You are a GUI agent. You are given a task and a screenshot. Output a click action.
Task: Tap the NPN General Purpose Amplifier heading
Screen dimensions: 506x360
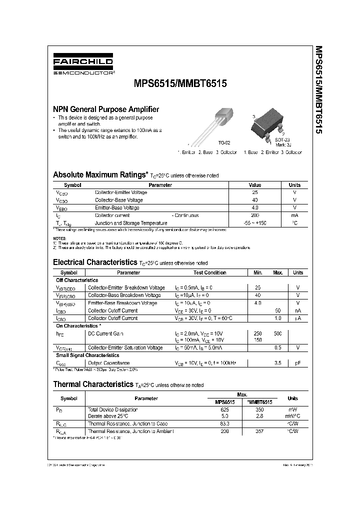tap(106, 109)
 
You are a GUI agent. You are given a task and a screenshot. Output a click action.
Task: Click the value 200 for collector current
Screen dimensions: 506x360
tap(254, 215)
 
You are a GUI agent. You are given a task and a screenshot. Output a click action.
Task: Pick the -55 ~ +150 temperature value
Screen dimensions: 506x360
tap(254, 223)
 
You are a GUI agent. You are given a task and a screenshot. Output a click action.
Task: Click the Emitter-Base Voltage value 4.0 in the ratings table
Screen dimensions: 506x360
tap(254, 207)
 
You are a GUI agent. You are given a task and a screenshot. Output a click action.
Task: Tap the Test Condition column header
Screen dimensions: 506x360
tap(209, 273)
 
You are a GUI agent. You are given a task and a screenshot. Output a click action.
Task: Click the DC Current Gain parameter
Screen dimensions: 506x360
tap(105, 333)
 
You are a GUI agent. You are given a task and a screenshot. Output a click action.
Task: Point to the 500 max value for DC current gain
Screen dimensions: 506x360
tap(278, 333)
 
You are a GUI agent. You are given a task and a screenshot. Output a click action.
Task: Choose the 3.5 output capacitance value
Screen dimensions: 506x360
tap(278, 363)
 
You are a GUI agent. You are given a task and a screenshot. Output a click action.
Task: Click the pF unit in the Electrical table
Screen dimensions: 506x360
tap(297, 363)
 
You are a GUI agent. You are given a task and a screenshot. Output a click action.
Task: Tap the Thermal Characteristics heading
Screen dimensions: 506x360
tap(94, 384)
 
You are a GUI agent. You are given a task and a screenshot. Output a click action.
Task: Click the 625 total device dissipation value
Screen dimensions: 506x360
tap(224, 409)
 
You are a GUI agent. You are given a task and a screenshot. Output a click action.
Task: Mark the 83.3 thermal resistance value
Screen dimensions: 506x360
tap(224, 423)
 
